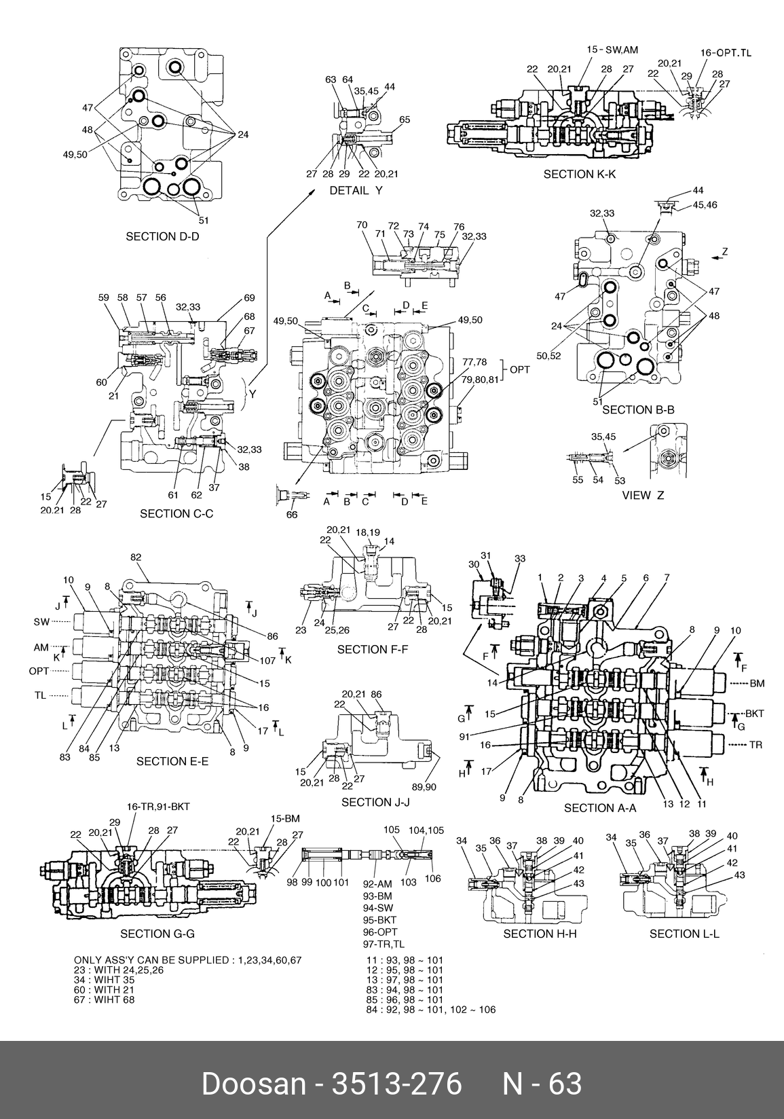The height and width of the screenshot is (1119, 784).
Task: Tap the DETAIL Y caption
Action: point(356,191)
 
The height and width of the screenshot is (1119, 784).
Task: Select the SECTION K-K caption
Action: point(579,175)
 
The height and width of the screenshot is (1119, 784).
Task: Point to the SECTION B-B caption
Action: point(638,409)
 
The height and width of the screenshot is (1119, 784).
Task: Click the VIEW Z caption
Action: point(643,495)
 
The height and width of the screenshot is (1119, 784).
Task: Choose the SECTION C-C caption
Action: point(176,513)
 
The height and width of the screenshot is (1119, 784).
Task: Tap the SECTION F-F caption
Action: point(373,650)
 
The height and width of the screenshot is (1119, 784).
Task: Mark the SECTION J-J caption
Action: point(375,803)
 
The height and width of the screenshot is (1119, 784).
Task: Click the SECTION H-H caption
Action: point(540,934)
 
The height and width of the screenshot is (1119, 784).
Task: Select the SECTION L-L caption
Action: point(684,934)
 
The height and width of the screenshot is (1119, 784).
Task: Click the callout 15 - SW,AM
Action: point(612,49)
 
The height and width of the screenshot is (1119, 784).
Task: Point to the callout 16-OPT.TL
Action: point(726,52)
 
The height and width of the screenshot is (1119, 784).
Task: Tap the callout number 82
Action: point(136,557)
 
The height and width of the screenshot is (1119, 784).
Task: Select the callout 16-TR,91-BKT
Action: point(158,807)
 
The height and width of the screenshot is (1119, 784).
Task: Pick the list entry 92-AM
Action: point(378,884)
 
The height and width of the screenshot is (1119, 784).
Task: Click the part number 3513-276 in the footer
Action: point(395,1084)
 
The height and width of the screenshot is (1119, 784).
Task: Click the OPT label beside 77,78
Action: point(520,369)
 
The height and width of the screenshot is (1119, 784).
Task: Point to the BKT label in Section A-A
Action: point(755,714)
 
